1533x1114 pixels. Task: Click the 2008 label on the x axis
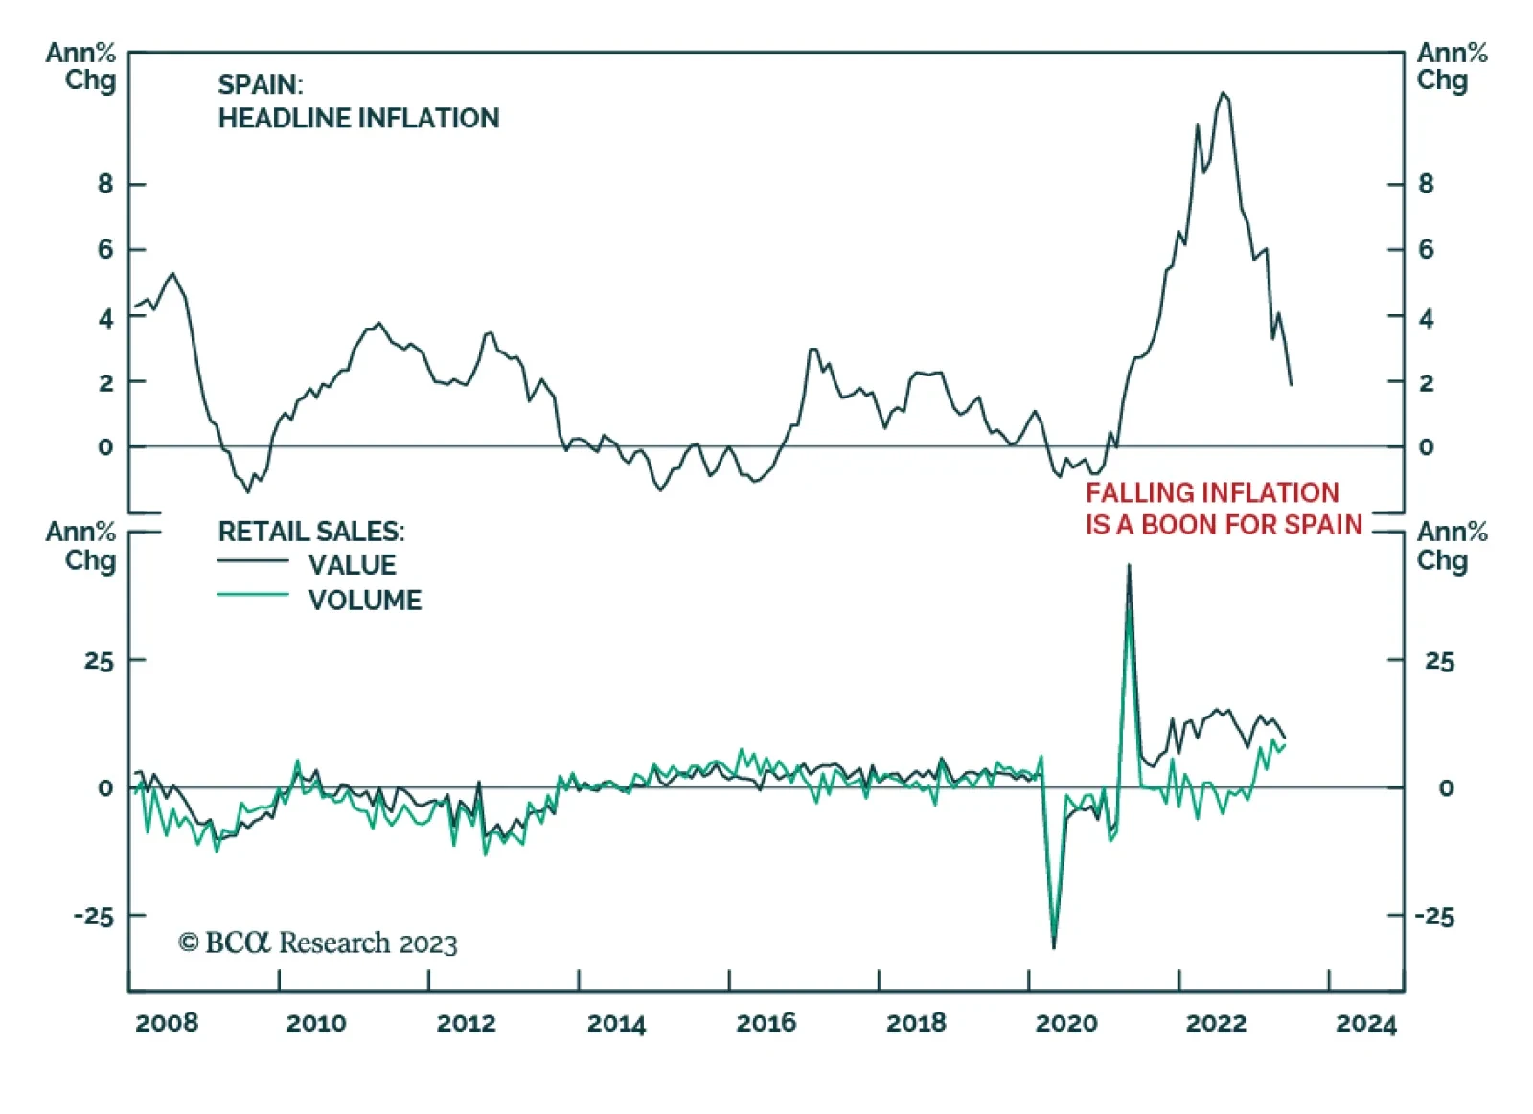click(x=167, y=1023)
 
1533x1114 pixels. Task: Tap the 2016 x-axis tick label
click(x=766, y=1023)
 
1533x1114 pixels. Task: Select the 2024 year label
click(x=1366, y=1023)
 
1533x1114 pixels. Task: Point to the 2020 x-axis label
click(x=1066, y=1023)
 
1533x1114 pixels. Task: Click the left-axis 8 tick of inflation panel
click(x=105, y=183)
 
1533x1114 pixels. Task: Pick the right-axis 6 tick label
click(x=1427, y=249)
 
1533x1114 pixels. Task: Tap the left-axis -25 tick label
click(x=94, y=917)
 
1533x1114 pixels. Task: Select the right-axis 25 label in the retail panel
click(x=1439, y=661)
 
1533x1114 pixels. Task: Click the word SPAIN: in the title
click(x=261, y=84)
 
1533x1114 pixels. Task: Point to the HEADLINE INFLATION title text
click(x=358, y=118)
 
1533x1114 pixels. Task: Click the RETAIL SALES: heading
click(x=311, y=532)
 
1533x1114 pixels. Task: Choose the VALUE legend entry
click(x=353, y=565)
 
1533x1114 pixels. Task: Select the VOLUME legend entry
click(x=365, y=601)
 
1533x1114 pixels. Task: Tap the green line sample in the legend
click(x=253, y=595)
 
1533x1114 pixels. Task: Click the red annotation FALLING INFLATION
click(x=1212, y=492)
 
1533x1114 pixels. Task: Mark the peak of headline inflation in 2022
click(x=1224, y=93)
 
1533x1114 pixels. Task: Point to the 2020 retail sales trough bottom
click(x=1054, y=947)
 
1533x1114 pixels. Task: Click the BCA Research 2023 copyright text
click(x=318, y=943)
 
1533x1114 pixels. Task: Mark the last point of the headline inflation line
click(x=1292, y=385)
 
